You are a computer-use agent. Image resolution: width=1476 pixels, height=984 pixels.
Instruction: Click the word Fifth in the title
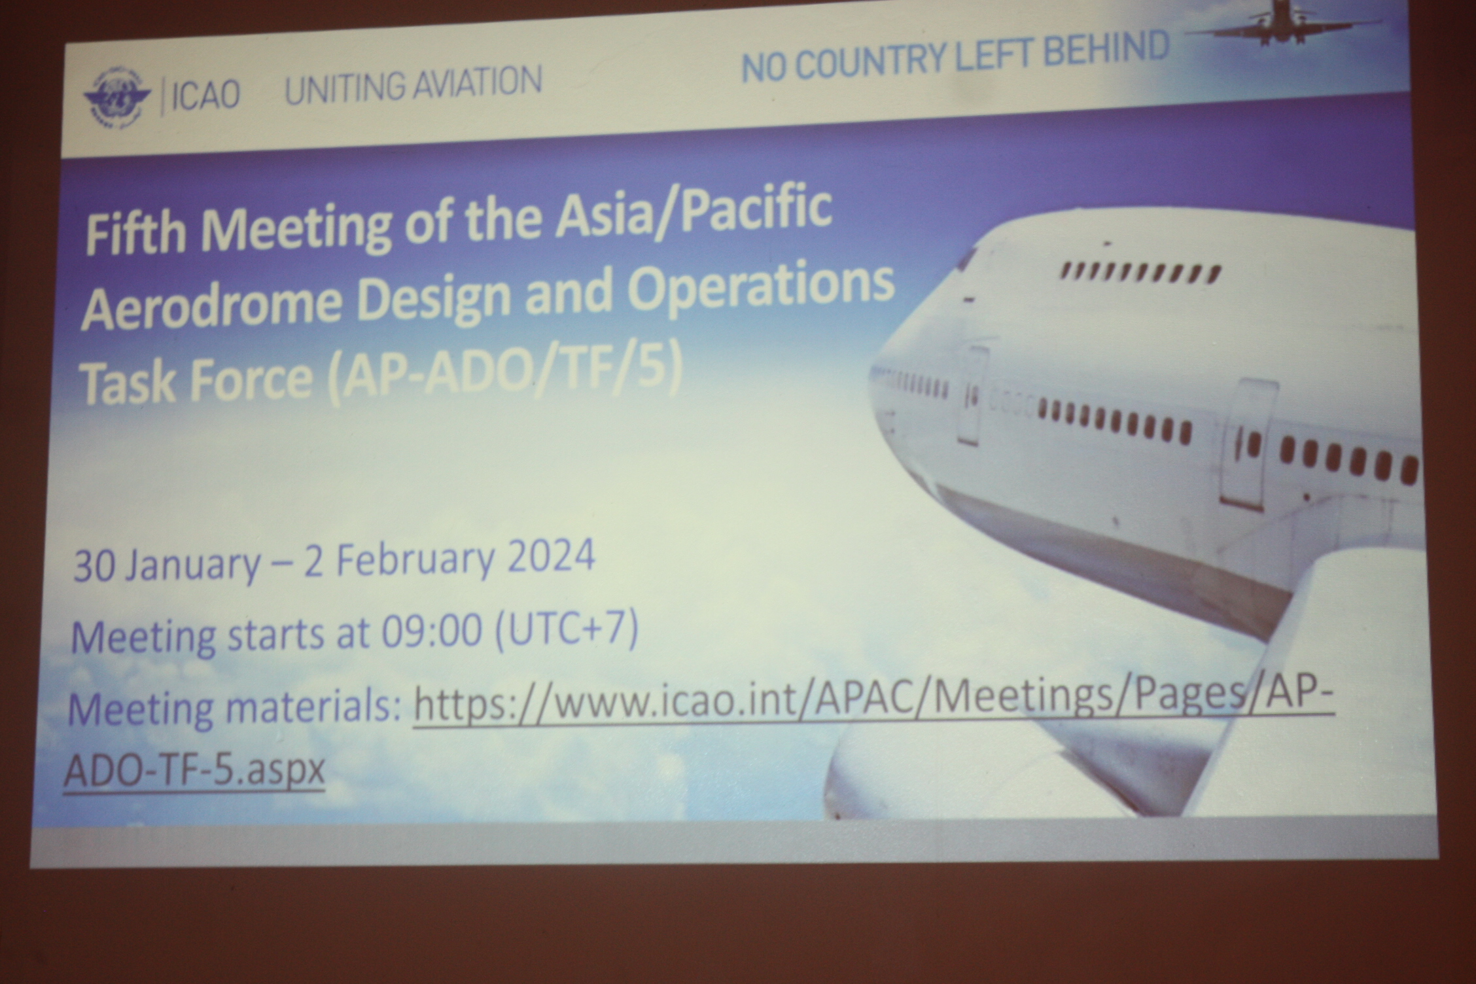point(137,234)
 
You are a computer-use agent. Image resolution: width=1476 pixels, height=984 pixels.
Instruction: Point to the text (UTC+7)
point(567,630)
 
